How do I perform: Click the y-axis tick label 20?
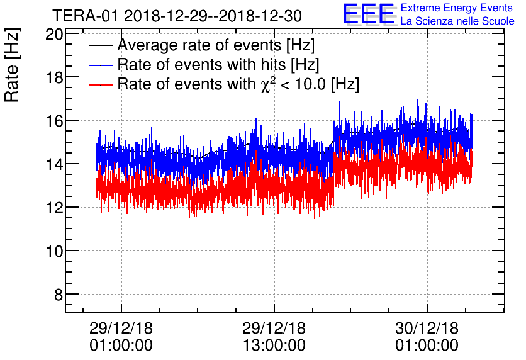click(54, 34)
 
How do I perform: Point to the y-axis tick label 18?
click(54, 77)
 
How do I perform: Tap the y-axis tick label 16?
click(54, 121)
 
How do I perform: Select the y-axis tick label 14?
click(54, 164)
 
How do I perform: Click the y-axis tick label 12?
click(54, 208)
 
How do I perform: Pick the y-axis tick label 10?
click(54, 251)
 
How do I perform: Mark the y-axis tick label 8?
click(58, 295)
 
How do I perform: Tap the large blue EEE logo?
click(369, 14)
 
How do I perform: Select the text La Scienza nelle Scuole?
click(457, 21)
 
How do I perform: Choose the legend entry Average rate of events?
click(216, 46)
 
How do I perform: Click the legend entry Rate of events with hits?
click(218, 65)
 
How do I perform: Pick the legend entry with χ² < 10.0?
click(238, 84)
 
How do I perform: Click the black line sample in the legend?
click(101, 46)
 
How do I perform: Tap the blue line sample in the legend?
click(101, 65)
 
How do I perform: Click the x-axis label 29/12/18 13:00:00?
click(274, 337)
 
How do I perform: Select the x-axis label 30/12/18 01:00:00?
click(427, 337)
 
